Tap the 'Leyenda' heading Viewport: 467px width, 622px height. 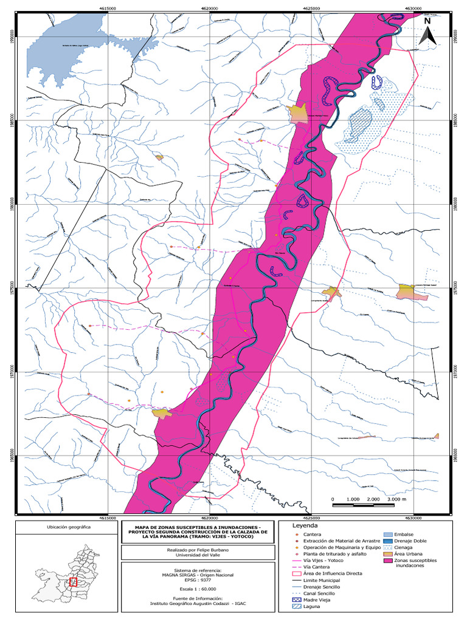pyautogui.click(x=305, y=524)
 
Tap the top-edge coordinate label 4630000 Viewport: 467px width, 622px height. pyautogui.click(x=413, y=8)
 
